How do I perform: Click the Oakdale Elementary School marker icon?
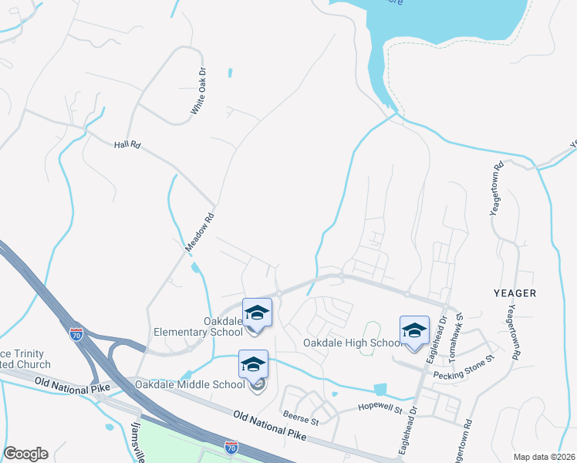258,313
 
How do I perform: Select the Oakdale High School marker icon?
414,330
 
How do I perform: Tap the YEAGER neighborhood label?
512,293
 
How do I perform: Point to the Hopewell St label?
380,407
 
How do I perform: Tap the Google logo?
25,454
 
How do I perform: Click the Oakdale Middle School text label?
190,384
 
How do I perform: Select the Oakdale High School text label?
351,343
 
